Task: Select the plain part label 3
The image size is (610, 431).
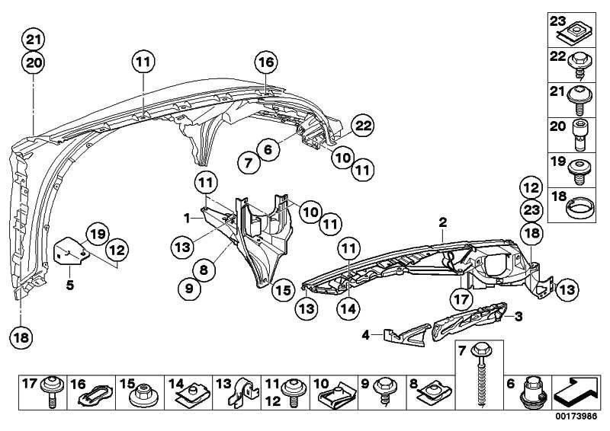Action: (x=519, y=315)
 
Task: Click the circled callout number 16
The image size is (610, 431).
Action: (x=265, y=62)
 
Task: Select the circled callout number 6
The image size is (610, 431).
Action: (x=268, y=151)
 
